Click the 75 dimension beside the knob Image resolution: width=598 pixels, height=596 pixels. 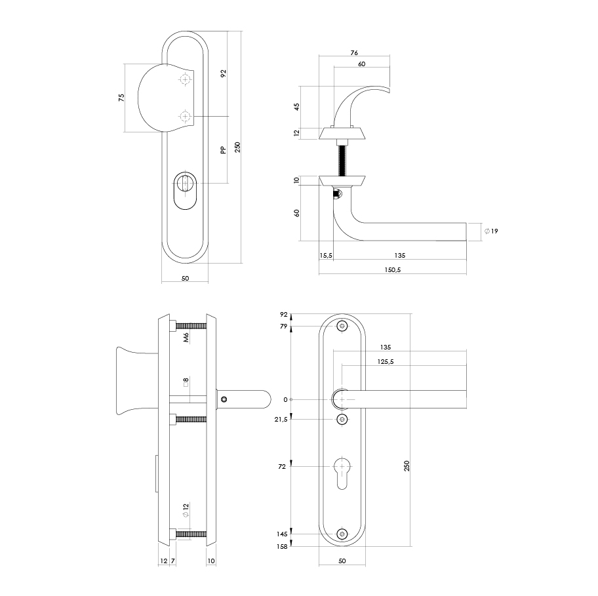point(121,98)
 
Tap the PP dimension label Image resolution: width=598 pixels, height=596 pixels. point(223,149)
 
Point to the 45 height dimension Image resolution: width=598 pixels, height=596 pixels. point(296,106)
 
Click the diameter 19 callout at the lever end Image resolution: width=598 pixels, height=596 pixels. point(491,231)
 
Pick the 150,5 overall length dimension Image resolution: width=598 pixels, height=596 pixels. point(392,270)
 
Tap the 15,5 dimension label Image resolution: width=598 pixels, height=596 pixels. point(326,255)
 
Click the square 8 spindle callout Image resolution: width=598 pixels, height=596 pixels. point(186,382)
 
